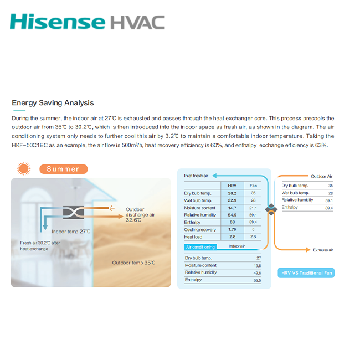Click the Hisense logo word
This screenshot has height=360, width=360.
click(58, 22)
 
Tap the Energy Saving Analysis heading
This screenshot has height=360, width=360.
click(53, 102)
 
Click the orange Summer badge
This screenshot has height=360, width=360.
click(63, 169)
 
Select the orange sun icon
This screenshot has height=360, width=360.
click(24, 169)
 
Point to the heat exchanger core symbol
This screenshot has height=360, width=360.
click(74, 212)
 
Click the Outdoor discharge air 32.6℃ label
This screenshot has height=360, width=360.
click(140, 215)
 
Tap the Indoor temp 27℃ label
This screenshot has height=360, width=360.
click(71, 232)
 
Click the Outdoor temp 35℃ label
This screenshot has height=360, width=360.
click(133, 263)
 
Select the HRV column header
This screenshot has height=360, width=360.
click(232, 186)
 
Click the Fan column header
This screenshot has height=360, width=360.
click(253, 186)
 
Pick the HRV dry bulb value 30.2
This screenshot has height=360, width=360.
click(232, 193)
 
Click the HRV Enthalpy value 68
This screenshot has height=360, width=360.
click(232, 222)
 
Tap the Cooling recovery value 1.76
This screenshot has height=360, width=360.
click(232, 229)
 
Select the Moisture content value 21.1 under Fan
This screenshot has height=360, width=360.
click(253, 208)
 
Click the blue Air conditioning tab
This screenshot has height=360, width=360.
click(200, 247)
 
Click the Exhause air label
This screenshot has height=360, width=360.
click(323, 250)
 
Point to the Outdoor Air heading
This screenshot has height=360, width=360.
click(322, 176)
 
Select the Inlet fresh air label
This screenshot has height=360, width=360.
click(196, 176)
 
